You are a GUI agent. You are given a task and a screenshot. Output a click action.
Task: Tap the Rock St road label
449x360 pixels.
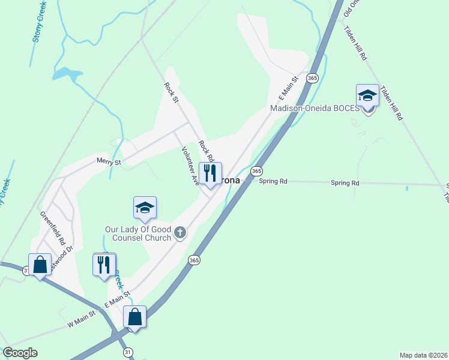click(x=172, y=92)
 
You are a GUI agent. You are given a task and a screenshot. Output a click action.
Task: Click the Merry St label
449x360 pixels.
click(x=109, y=161)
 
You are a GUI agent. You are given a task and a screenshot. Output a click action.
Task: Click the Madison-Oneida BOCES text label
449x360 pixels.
click(x=314, y=109)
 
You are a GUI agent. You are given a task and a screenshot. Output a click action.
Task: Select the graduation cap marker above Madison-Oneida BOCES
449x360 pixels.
click(x=367, y=95)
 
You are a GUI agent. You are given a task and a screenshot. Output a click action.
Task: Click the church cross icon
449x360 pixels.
click(x=179, y=232)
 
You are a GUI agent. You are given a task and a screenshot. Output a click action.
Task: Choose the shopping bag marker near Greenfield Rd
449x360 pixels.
click(x=40, y=264)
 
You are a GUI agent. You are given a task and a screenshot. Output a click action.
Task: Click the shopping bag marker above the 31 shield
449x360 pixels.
click(x=135, y=317)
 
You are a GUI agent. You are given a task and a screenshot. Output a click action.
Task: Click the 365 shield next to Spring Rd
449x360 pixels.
click(x=257, y=171)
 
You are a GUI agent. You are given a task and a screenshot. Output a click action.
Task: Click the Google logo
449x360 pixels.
click(x=20, y=353)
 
